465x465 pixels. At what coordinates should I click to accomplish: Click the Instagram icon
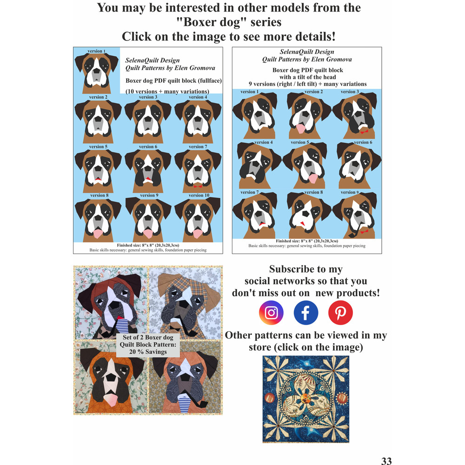tap(271, 312)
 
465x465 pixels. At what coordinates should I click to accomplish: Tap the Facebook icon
tap(306, 312)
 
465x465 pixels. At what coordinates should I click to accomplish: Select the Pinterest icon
tap(340, 312)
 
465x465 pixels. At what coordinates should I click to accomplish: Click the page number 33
tap(386, 460)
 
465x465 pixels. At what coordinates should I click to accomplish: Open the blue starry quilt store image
tap(306, 399)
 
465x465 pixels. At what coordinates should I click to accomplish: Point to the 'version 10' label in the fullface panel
tap(199, 195)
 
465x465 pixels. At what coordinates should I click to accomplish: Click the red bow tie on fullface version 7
tap(198, 186)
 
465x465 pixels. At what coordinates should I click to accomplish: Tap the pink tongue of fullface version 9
tap(148, 233)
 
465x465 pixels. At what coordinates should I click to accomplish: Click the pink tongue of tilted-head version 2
tap(300, 128)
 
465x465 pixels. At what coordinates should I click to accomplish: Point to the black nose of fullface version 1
tap(97, 71)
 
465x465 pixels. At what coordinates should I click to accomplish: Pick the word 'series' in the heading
tap(266, 22)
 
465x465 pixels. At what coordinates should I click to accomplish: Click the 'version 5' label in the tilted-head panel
tap(300, 142)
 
